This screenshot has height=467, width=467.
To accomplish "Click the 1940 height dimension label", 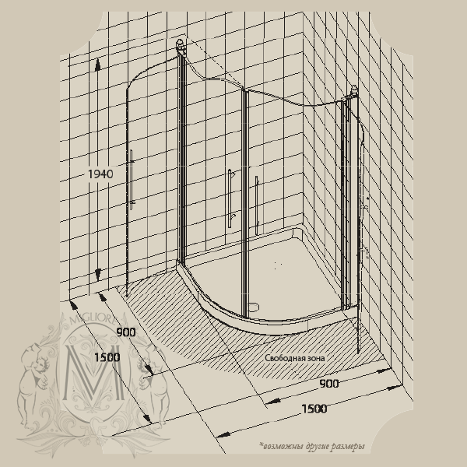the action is pyautogui.click(x=100, y=174).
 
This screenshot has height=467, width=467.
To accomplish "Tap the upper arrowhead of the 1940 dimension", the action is pyautogui.click(x=97, y=65).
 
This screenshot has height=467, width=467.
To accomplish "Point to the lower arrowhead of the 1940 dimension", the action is pyautogui.click(x=98, y=275).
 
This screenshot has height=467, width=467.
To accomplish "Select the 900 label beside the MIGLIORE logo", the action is pyautogui.click(x=126, y=332).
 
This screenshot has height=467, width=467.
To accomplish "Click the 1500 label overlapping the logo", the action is pyautogui.click(x=107, y=357).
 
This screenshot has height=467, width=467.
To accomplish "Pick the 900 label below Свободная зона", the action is pyautogui.click(x=329, y=384).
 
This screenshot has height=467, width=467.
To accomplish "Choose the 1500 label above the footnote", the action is pyautogui.click(x=314, y=409).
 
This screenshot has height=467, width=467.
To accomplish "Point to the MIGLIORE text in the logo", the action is pyautogui.click(x=93, y=320).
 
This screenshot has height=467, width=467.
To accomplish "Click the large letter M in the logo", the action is pyautogui.click(x=94, y=372).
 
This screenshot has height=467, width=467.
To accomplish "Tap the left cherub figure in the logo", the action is pyautogui.click(x=33, y=384).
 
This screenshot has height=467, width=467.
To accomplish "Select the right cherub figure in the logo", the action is pyautogui.click(x=153, y=387).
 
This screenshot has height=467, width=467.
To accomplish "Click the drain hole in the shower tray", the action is pyautogui.click(x=254, y=306).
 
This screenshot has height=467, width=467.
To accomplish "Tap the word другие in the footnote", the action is pyautogui.click(x=316, y=447).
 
